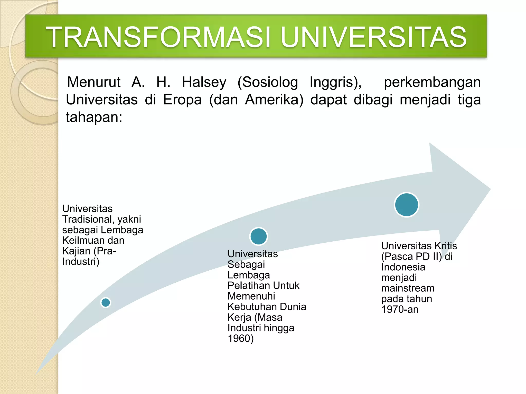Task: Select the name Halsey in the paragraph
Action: [204, 82]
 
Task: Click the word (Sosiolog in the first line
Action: [268, 82]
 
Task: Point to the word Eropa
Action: [182, 100]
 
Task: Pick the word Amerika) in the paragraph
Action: [274, 100]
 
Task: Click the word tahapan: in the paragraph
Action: [94, 117]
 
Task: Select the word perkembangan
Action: [432, 82]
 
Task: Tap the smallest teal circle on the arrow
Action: [106, 302]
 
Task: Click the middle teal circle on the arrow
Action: [259, 236]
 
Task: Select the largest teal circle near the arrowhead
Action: [407, 205]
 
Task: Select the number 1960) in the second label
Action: [241, 339]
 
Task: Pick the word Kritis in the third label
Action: [446, 246]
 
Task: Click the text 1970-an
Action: [400, 309]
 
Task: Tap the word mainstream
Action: [408, 288]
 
